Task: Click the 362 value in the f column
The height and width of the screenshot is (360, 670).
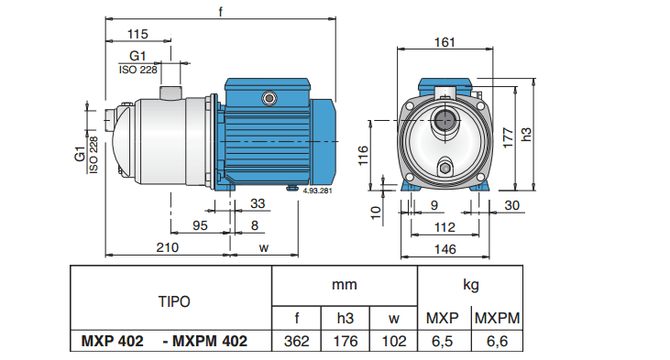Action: pos(295,341)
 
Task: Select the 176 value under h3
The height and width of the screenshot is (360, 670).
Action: pos(344,341)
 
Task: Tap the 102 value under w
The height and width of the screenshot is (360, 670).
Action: pos(393,341)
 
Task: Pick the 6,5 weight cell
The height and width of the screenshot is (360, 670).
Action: pos(444,341)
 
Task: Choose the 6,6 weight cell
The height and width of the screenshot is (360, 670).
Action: pos(496,341)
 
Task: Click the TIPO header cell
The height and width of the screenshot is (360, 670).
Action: pos(171,300)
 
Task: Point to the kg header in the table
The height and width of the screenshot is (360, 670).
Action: pos(469,284)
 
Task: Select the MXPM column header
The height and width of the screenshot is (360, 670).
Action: pos(496,318)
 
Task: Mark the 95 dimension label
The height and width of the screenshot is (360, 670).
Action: pos(201,224)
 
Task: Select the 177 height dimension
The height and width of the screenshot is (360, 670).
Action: pos(507,135)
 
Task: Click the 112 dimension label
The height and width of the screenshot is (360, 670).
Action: pos(444,227)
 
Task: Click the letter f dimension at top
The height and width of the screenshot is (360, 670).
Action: pos(221,12)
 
